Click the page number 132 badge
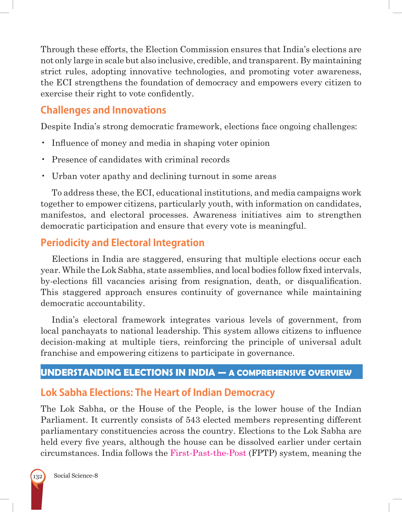point(37,477)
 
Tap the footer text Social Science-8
point(76,476)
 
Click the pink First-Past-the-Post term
point(208,453)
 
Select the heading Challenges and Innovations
point(103,110)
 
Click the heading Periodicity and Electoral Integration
point(122,243)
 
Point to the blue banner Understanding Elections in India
point(201,372)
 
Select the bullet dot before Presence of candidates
point(43,159)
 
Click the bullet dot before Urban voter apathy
point(43,176)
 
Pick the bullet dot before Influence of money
point(43,143)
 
